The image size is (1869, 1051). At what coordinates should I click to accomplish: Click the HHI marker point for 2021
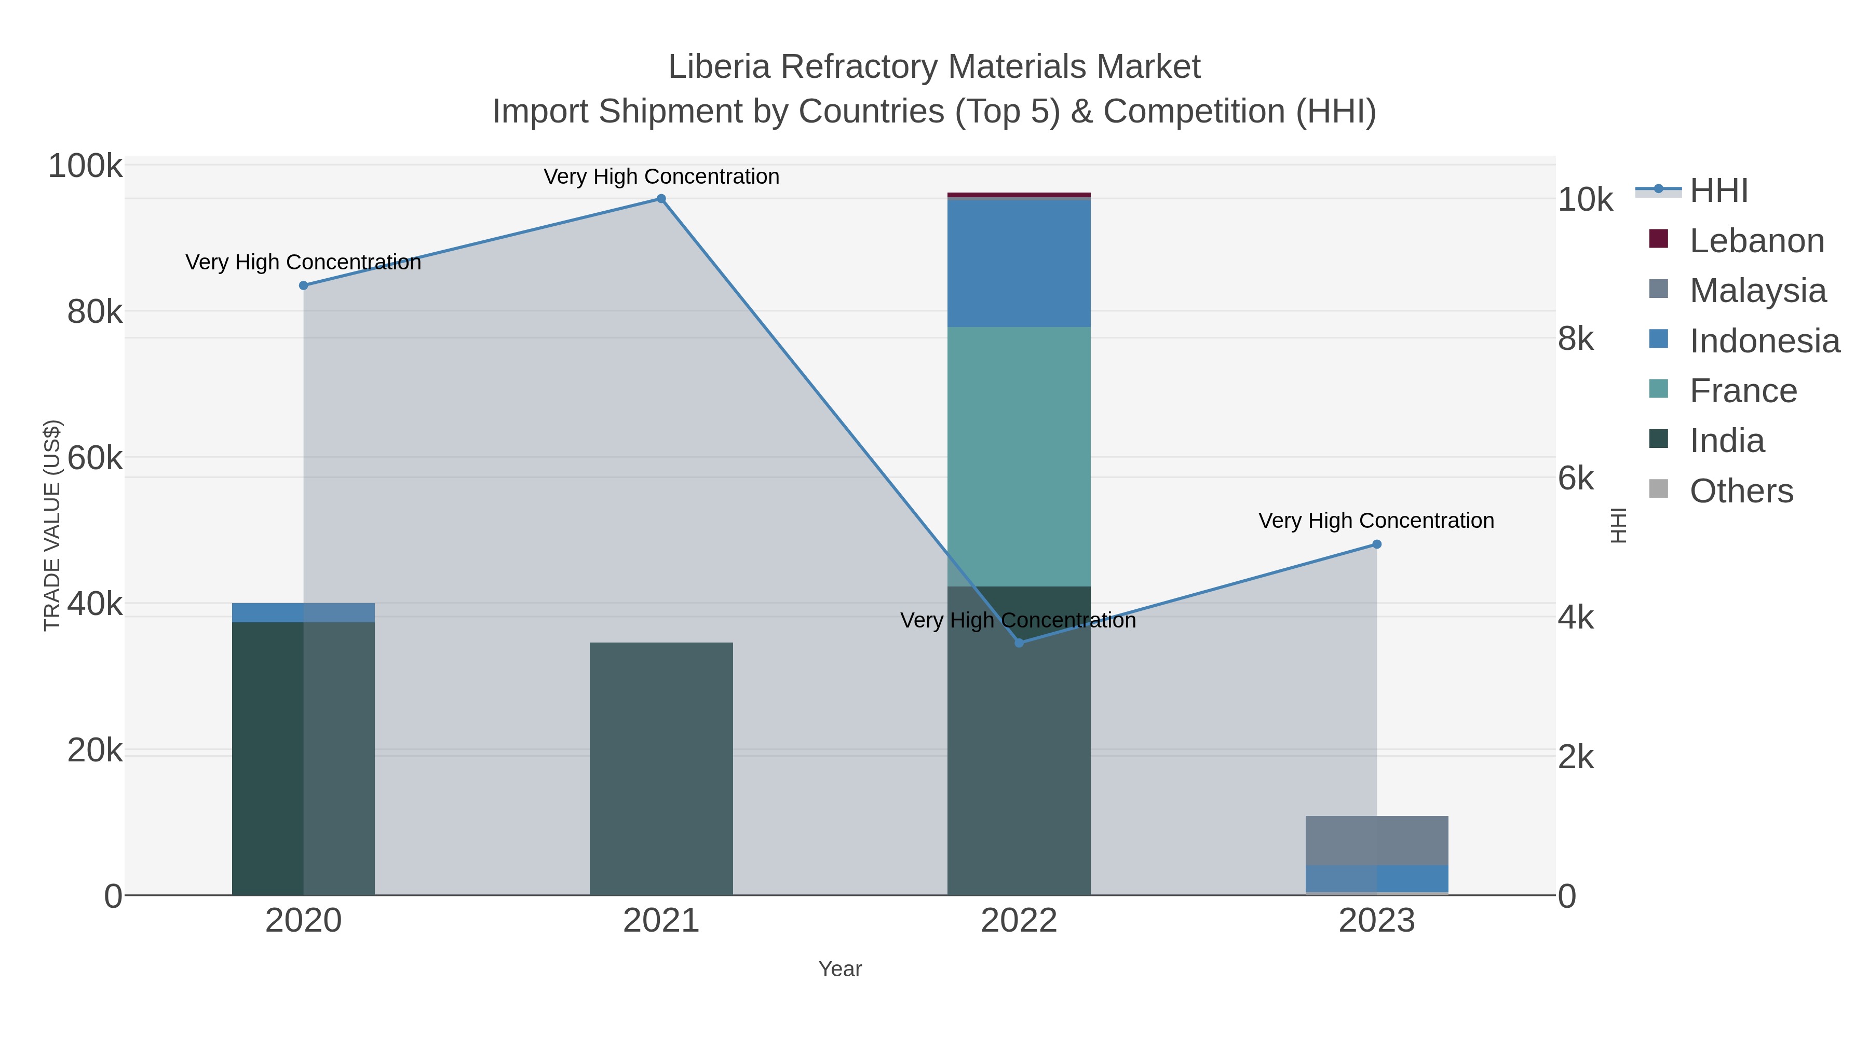(661, 199)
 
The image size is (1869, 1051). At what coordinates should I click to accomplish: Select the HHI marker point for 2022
(1019, 643)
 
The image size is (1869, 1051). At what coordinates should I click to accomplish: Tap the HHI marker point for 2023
(1376, 544)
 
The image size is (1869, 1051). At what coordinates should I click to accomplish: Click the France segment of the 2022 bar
(1019, 457)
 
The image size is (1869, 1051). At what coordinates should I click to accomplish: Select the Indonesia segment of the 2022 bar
(1019, 263)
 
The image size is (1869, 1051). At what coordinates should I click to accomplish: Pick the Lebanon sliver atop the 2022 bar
(1019, 195)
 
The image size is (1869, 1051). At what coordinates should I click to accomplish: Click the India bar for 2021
(661, 769)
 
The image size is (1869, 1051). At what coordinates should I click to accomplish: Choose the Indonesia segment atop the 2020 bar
(303, 613)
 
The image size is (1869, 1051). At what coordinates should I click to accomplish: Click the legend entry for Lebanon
(1756, 241)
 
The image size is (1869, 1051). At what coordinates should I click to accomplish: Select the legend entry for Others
(1741, 491)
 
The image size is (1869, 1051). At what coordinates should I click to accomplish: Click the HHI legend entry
(1718, 191)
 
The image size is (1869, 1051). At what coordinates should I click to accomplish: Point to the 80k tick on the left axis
(95, 312)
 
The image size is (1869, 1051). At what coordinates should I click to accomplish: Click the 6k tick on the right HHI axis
(1576, 479)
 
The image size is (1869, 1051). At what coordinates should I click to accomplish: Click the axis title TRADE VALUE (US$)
(52, 525)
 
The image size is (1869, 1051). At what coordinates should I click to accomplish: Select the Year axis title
(839, 969)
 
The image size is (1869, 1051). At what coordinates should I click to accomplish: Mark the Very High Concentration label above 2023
(1376, 521)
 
